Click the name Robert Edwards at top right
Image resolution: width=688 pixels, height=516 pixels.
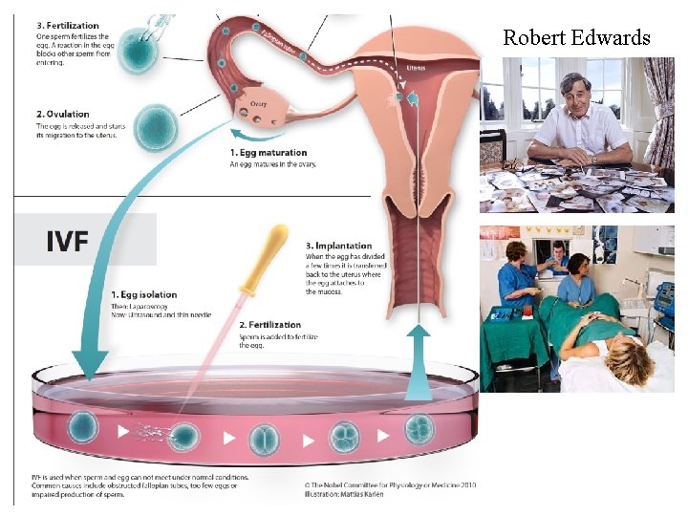click(576, 38)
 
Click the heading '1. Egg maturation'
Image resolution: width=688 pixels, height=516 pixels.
click(269, 153)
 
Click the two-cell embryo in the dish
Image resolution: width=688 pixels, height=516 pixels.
click(264, 439)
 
